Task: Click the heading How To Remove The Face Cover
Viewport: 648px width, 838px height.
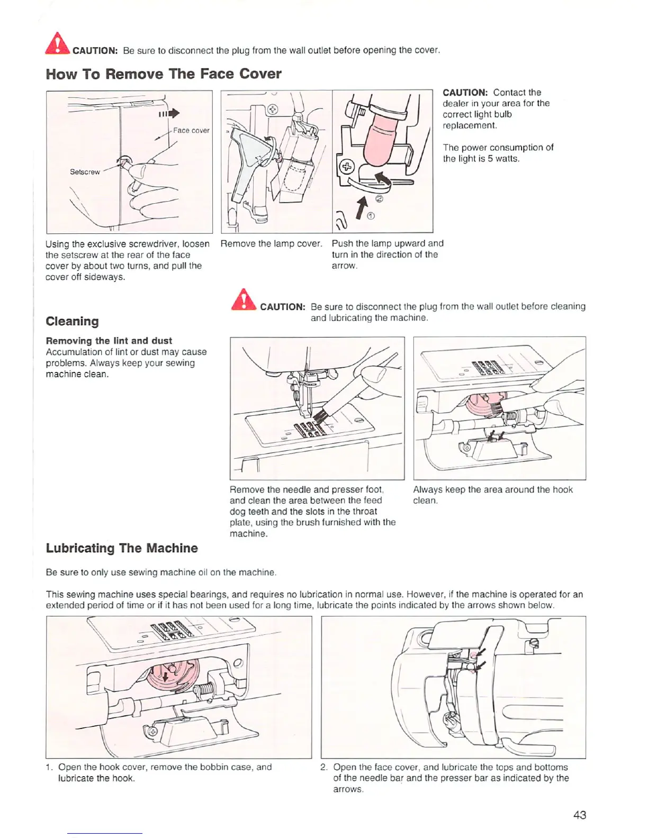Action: point(164,74)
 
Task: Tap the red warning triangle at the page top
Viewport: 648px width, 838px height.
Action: point(57,44)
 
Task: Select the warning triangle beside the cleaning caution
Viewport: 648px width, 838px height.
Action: point(244,300)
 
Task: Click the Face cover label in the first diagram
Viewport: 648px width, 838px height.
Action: point(191,131)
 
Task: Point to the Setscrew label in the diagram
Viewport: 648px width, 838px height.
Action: point(85,172)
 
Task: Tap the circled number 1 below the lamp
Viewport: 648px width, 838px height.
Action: point(371,215)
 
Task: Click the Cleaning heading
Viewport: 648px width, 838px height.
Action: point(72,322)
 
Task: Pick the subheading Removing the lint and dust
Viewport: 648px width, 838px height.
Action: point(109,341)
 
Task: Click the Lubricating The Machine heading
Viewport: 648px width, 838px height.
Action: point(122,548)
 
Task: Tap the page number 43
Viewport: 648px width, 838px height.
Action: point(580,815)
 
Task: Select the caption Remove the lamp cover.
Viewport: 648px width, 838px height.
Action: point(271,244)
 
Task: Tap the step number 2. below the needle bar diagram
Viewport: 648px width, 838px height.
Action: point(325,767)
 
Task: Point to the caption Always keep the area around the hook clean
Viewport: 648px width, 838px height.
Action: point(492,495)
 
